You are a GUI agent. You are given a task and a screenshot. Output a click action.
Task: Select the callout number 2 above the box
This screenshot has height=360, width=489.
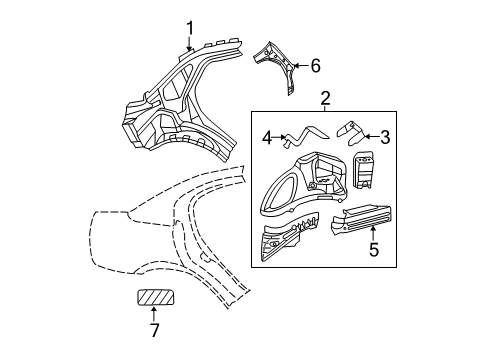325,98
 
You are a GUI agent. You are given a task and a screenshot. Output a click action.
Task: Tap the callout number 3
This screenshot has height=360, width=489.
384,137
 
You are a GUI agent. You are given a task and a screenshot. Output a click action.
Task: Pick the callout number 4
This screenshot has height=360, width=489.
266,137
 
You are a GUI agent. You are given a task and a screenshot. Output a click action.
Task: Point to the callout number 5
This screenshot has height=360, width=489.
374,250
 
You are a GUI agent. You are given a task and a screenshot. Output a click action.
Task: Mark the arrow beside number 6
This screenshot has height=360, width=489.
299,66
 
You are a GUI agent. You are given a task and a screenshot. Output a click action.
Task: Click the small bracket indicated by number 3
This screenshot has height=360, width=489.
350,129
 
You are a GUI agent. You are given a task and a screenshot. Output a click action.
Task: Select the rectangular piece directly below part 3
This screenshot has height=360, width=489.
364,170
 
